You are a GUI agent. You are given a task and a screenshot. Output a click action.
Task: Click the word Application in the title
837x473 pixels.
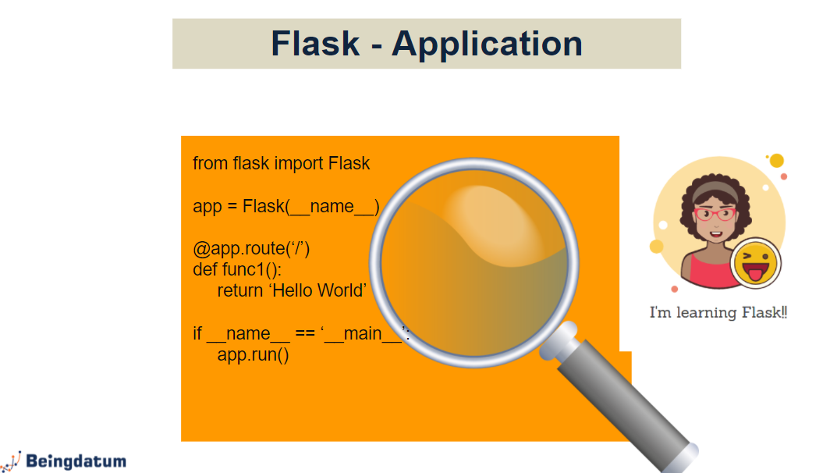tap(488, 44)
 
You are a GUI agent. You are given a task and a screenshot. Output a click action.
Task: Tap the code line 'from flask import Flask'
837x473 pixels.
tap(282, 163)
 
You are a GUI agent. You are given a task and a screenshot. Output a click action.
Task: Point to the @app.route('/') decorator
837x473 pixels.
tap(252, 249)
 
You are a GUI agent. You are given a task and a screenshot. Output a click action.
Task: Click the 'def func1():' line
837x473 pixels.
tap(237, 269)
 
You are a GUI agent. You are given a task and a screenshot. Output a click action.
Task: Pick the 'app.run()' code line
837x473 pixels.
tap(253, 354)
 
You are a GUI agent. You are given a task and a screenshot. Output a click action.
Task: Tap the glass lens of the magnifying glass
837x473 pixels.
tap(474, 261)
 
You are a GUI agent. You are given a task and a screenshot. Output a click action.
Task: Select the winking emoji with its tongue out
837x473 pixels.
tap(756, 264)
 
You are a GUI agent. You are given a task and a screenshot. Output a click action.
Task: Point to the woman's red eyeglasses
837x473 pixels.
tap(714, 213)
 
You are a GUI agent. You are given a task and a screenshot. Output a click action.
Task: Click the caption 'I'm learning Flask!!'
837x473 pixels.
tap(718, 313)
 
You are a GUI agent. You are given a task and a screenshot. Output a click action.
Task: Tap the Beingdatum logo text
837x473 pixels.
tap(76, 461)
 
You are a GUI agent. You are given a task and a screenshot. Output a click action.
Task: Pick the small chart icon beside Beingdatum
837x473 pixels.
tap(12, 461)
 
